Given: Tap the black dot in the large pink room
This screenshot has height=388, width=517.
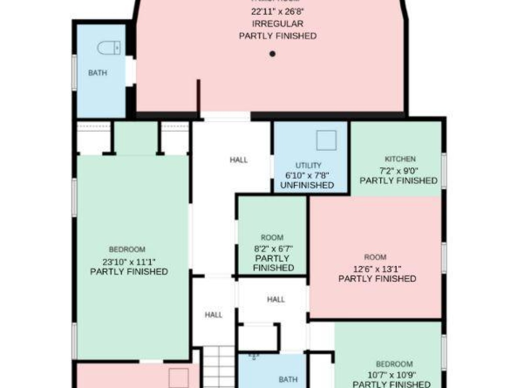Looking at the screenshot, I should tap(272, 54).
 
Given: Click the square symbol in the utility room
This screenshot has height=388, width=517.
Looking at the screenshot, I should tap(326, 140).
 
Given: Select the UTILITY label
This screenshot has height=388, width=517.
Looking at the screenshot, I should tap(308, 165).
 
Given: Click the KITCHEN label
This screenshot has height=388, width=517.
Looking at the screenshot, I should tap(400, 159).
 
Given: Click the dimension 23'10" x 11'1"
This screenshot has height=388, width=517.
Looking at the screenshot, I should tap(129, 261).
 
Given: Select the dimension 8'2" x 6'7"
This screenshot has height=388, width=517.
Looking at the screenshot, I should tap(273, 248).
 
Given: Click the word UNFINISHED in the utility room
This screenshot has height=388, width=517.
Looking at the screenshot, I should tap(307, 185).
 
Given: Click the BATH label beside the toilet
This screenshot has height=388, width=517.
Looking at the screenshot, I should tap(98, 73).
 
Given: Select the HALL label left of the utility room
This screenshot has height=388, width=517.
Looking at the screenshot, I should tap(238, 160).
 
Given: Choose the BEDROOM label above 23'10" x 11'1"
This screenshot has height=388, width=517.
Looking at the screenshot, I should tap(127, 250).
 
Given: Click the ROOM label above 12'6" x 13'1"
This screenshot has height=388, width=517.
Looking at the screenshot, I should tap(375, 257).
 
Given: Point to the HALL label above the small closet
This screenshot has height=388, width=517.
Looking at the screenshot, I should tap(276, 299).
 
